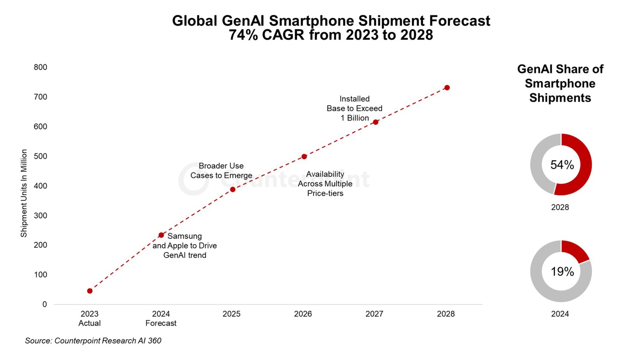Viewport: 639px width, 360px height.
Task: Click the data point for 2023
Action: tap(90, 291)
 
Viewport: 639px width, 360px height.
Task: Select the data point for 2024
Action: tap(161, 235)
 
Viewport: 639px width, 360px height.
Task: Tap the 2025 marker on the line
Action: tap(233, 190)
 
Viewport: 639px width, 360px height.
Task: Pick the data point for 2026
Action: tap(304, 157)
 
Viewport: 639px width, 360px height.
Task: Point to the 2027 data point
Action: tap(375, 122)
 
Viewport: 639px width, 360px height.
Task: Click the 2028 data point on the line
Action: tap(447, 87)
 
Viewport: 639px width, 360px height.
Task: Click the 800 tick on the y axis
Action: tap(40, 67)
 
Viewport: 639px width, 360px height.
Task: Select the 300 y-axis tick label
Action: tap(40, 216)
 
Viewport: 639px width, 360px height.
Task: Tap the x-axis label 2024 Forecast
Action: tap(161, 319)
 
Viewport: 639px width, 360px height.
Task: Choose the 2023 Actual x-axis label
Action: tap(90, 319)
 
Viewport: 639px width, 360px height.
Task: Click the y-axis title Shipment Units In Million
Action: tap(24, 193)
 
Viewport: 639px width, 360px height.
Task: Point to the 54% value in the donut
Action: tap(562, 165)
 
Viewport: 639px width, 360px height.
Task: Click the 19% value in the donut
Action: tap(562, 272)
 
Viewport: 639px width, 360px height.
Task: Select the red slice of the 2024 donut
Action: tap(575, 250)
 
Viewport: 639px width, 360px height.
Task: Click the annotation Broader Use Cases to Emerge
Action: tap(221, 171)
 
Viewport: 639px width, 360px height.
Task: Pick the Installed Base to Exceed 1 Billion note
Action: tap(354, 108)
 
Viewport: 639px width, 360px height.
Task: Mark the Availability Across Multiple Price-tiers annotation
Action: tap(325, 184)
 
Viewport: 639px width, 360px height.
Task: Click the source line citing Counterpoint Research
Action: tap(93, 341)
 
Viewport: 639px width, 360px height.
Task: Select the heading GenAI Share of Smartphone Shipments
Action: tap(560, 83)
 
